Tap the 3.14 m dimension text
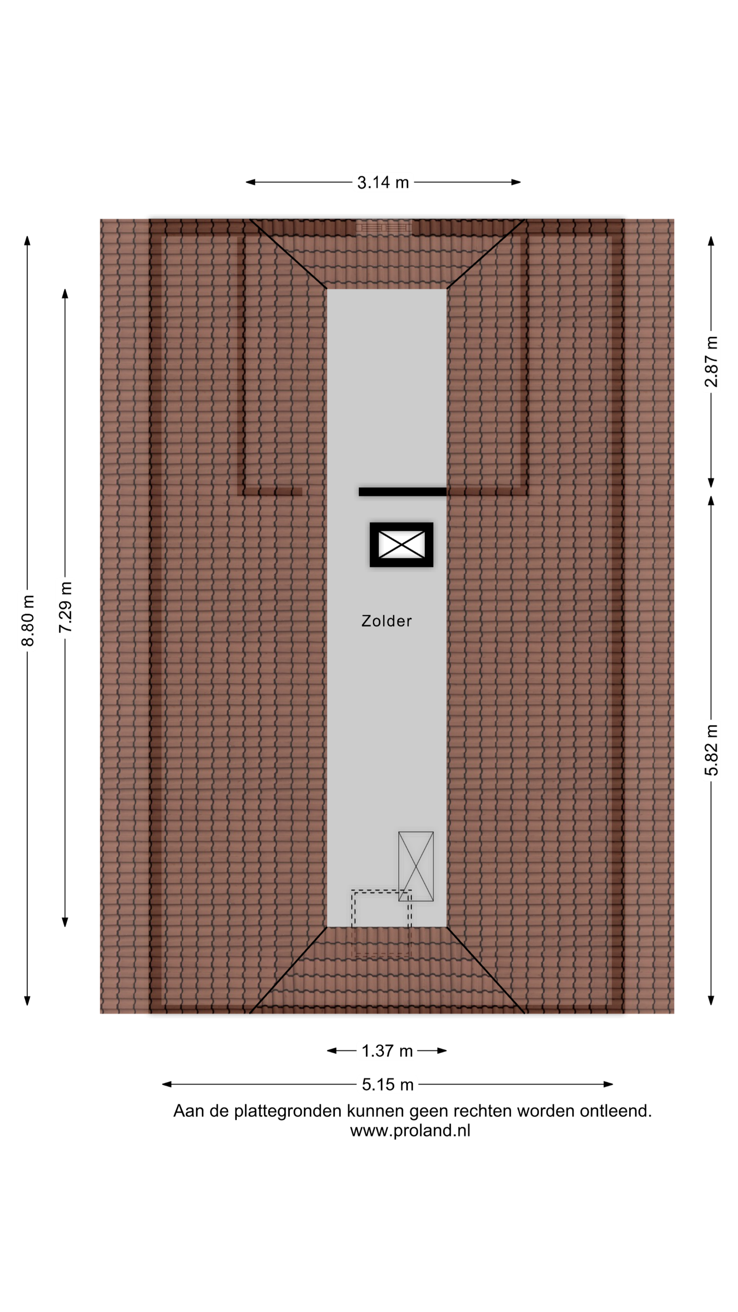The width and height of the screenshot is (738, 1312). tap(383, 182)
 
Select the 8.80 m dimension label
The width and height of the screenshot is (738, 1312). tap(27, 620)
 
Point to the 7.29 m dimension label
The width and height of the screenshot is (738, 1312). tap(65, 607)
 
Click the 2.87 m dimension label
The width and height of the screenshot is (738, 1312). tap(711, 362)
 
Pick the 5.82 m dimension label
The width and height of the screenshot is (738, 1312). tap(711, 750)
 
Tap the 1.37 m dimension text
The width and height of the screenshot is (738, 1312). tap(387, 1051)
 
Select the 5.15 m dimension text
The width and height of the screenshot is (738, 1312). tap(388, 1084)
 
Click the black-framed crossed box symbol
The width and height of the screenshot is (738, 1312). tap(401, 544)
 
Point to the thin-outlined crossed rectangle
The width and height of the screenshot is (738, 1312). tap(416, 866)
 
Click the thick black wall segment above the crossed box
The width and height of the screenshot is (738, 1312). tap(402, 492)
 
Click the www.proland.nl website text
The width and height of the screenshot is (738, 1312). tap(410, 1130)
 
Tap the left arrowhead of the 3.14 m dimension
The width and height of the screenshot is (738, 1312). tap(250, 182)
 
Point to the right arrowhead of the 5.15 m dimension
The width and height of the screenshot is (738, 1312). tap(609, 1084)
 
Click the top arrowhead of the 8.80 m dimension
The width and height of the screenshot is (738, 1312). tap(27, 241)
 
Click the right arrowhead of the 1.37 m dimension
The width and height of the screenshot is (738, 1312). tap(442, 1050)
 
